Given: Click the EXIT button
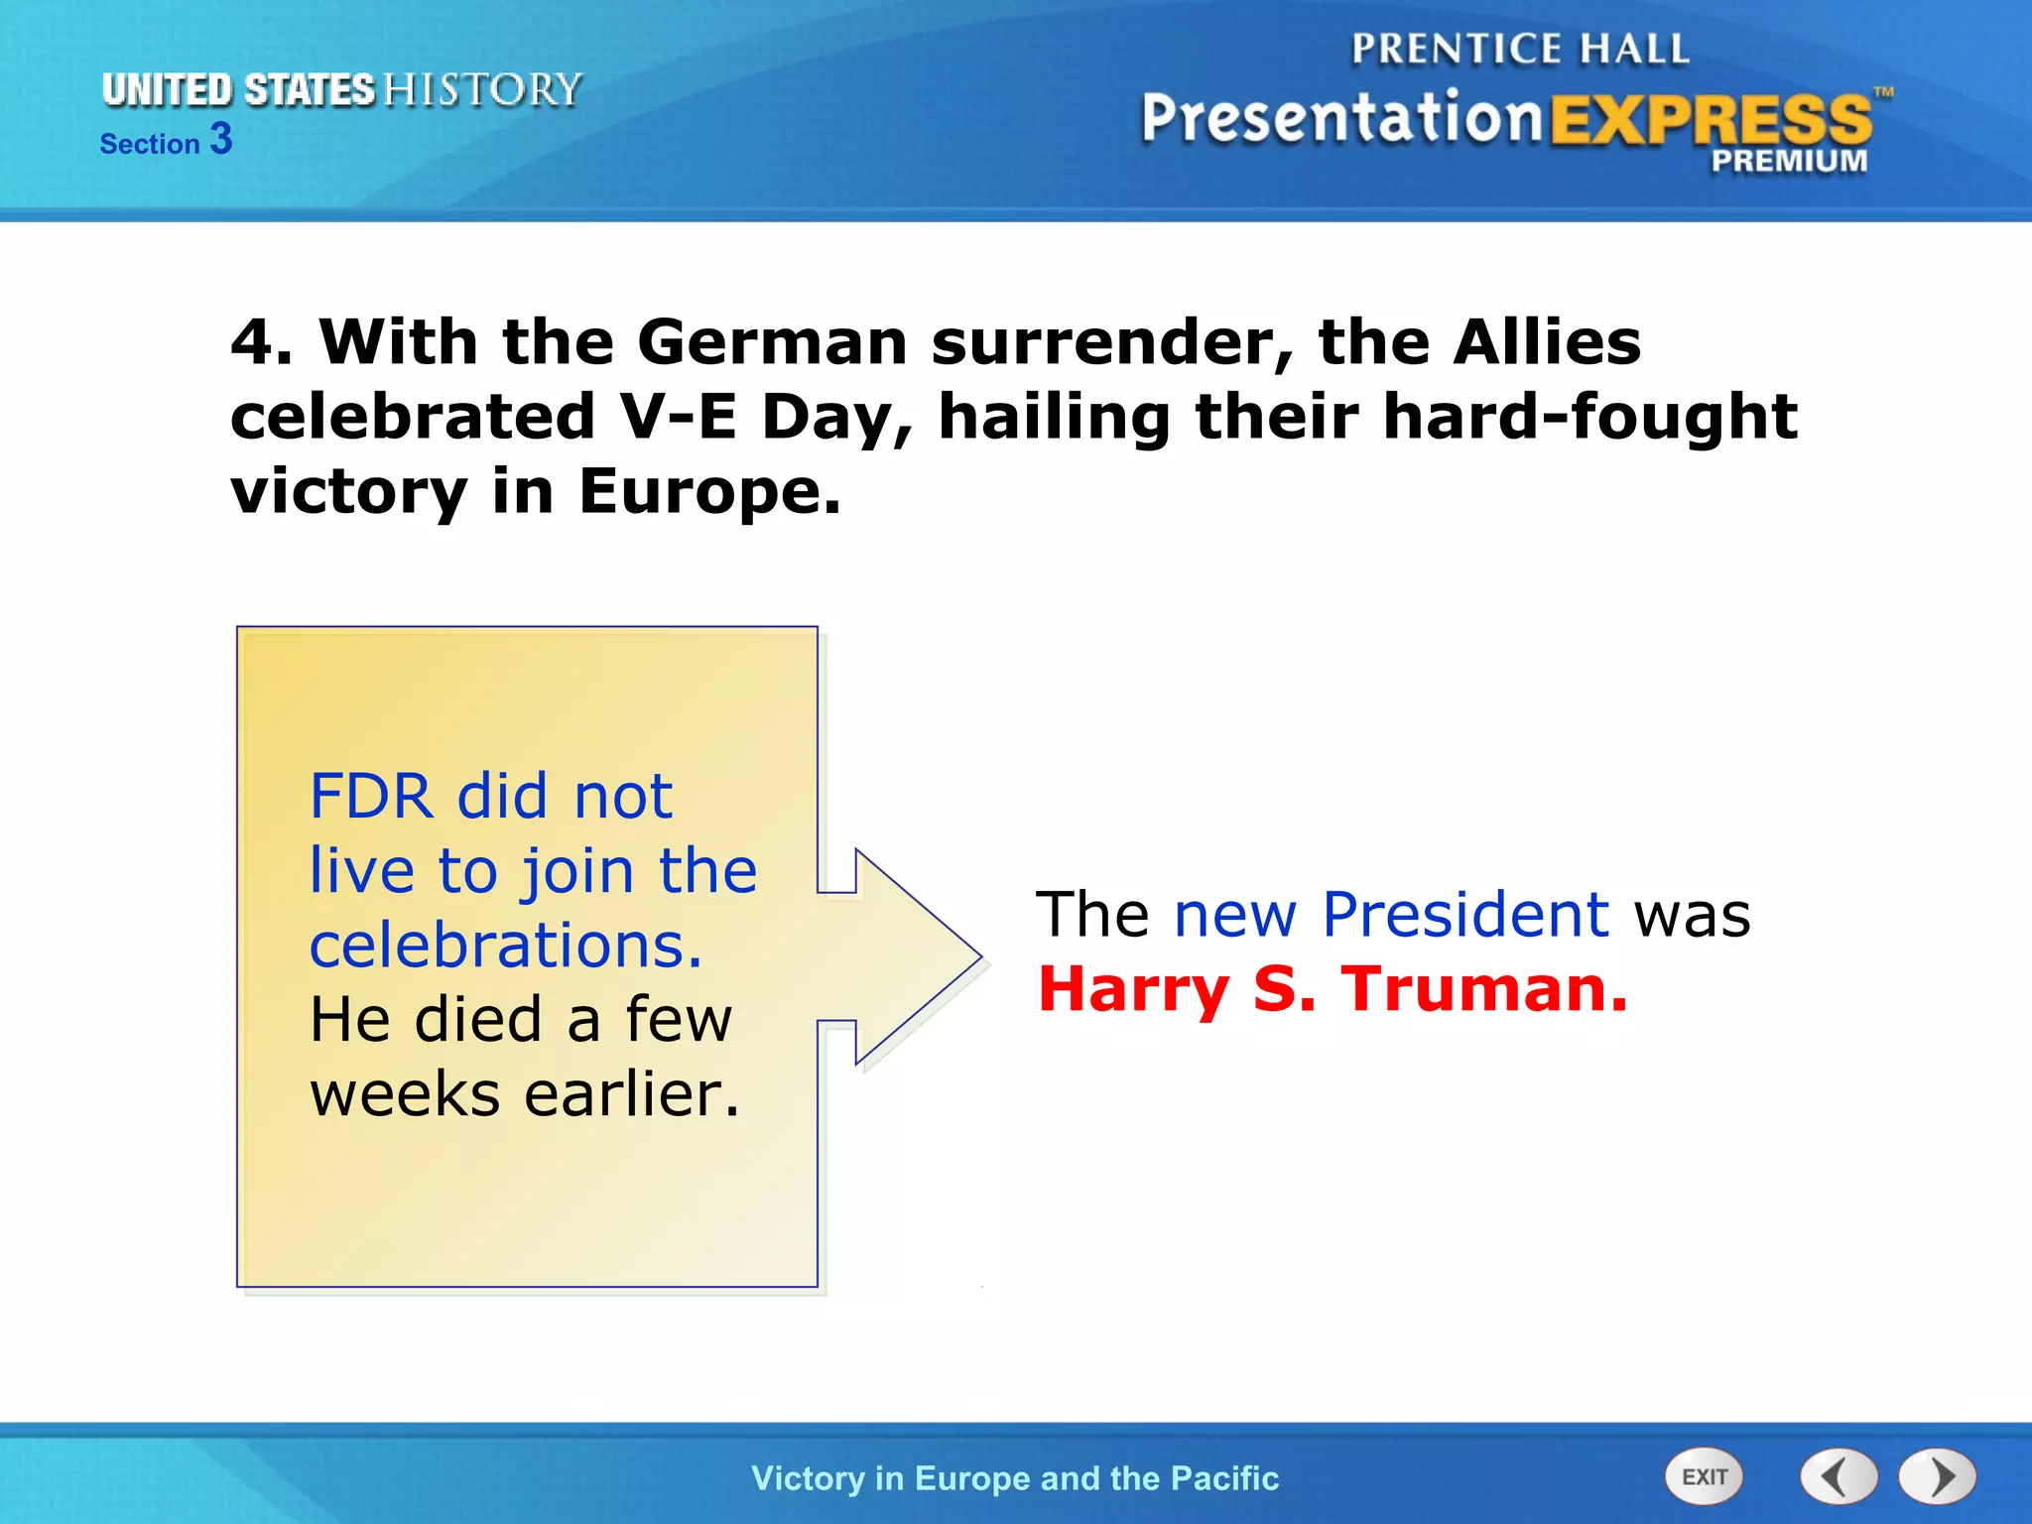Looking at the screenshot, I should tap(1704, 1476).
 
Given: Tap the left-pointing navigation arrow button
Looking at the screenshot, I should tap(1839, 1476).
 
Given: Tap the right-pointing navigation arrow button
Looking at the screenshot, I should tap(1937, 1476).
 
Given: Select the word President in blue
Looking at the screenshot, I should tap(1465, 914).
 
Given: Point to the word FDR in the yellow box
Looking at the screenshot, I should tap(371, 797).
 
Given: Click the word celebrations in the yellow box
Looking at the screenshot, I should tap(505, 945).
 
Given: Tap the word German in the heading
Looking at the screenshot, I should tap(771, 342).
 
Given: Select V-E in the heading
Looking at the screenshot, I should tap(679, 417).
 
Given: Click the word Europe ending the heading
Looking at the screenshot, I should tap(708, 492).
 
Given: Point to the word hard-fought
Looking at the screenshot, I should tap(1589, 417).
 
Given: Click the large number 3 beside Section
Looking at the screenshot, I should tap(221, 139).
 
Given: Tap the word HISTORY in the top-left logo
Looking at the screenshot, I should tap(482, 89).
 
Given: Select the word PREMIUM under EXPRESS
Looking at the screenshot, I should tap(1788, 161).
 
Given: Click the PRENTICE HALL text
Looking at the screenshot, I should tap(1519, 49).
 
